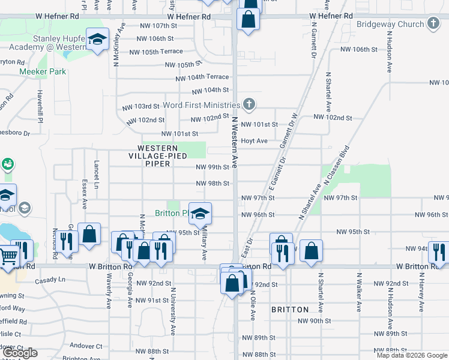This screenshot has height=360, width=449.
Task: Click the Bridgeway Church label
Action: point(390,25)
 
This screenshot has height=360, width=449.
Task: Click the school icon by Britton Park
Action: point(200,213)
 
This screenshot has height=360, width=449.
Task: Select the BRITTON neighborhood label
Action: point(290,310)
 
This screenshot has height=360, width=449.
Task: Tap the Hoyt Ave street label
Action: point(254,141)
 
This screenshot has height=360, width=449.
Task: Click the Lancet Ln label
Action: point(96,173)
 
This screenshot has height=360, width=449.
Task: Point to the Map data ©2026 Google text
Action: point(411,355)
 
